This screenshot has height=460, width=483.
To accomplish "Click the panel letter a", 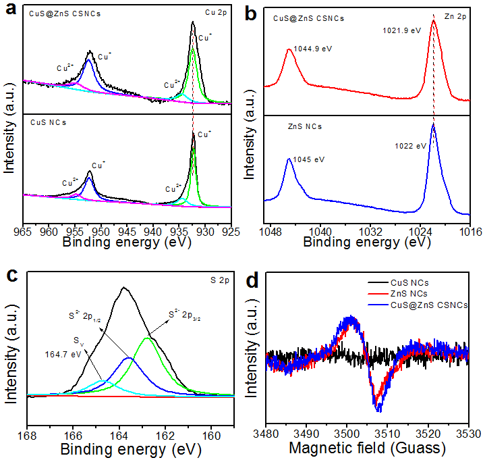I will click(9, 9).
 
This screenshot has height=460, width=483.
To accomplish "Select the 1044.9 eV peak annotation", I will click(312, 49).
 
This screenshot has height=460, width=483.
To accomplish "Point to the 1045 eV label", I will click(309, 159).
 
